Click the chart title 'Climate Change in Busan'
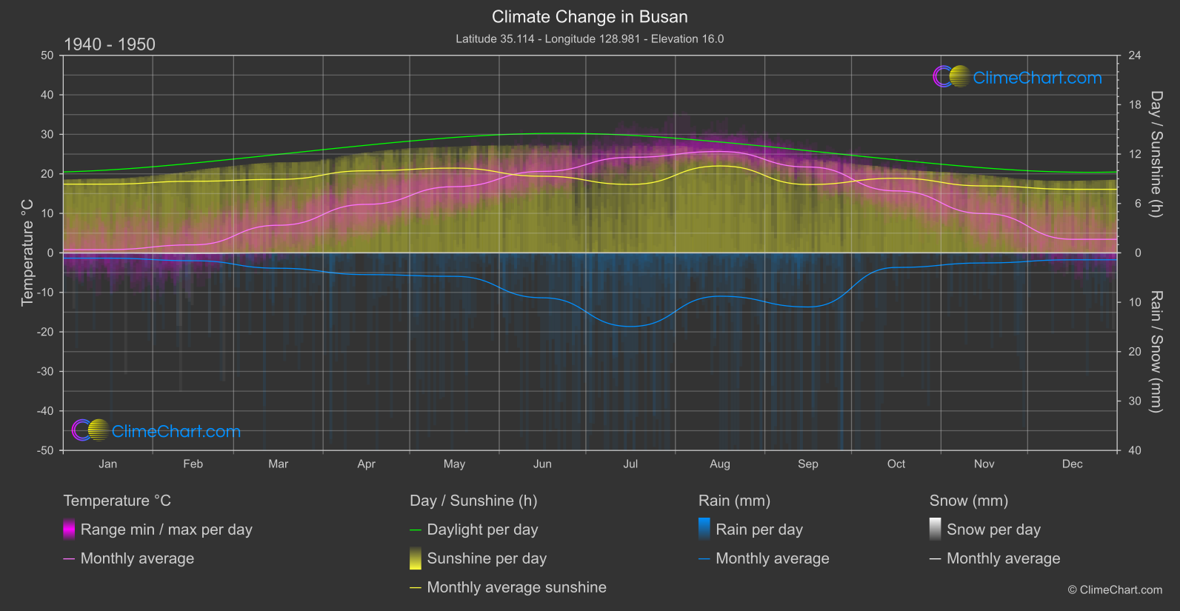[590, 17]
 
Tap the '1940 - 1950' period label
[110, 44]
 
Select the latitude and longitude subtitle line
[590, 39]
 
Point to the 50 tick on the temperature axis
[47, 56]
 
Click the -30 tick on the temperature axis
[45, 372]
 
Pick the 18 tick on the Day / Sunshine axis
[1134, 105]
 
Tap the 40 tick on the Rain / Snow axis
[1134, 450]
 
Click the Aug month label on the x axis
[719, 464]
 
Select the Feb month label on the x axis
[193, 464]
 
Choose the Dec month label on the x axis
[1072, 464]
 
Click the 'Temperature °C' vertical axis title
[27, 253]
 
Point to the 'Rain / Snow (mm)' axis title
[1156, 351]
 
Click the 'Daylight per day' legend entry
[482, 530]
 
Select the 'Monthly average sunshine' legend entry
[516, 587]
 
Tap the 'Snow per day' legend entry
[993, 530]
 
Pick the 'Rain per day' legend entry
[759, 530]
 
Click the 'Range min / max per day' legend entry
[166, 530]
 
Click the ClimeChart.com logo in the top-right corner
[1017, 77]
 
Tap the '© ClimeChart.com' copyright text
[1115, 590]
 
